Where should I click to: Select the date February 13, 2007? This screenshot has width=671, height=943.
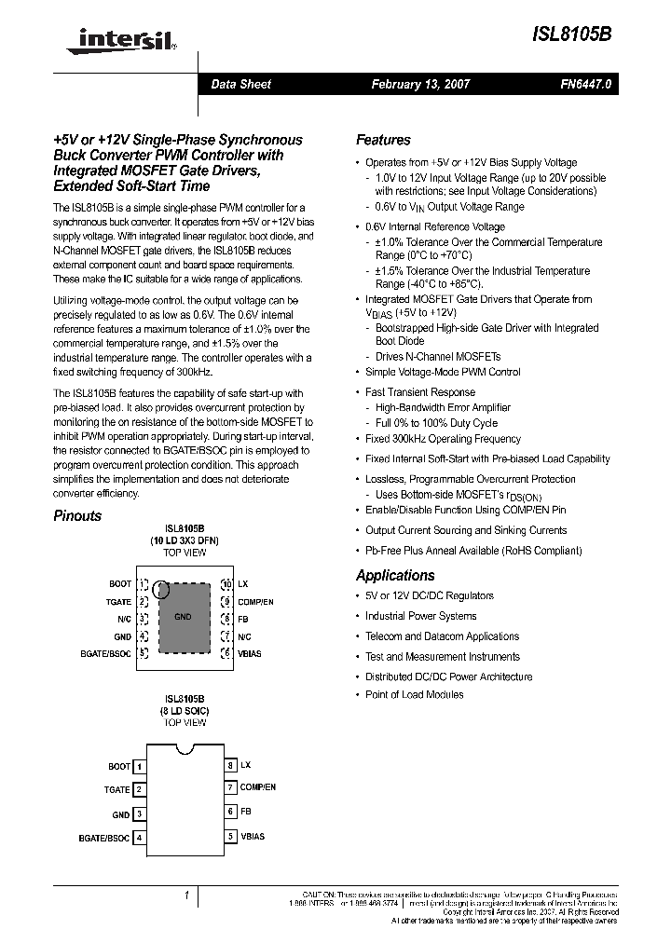click(420, 84)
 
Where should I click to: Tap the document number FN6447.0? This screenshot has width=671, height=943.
click(586, 84)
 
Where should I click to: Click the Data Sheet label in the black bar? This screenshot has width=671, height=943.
click(240, 84)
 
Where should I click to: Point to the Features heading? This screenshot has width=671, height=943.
click(383, 140)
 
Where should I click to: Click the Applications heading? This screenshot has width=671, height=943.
click(395, 575)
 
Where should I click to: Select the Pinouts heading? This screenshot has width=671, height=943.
click(77, 515)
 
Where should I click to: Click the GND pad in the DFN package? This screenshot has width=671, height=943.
click(184, 618)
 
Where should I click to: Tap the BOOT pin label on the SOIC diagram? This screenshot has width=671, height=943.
click(119, 766)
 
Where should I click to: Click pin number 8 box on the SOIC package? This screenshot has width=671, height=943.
click(230, 765)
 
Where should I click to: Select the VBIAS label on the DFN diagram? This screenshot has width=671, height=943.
click(250, 654)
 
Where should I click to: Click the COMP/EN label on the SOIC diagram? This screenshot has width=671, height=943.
click(258, 787)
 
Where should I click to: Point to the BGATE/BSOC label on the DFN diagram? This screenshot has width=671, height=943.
click(106, 654)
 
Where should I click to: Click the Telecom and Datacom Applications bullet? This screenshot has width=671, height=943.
click(442, 636)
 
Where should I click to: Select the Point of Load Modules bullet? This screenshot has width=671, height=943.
click(414, 694)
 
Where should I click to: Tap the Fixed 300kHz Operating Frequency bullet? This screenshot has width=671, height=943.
click(443, 439)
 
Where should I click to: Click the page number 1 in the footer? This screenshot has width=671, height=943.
click(186, 896)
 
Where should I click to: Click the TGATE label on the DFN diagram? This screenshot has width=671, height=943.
click(118, 602)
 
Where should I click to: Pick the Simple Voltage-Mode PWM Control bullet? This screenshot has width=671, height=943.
click(443, 372)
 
